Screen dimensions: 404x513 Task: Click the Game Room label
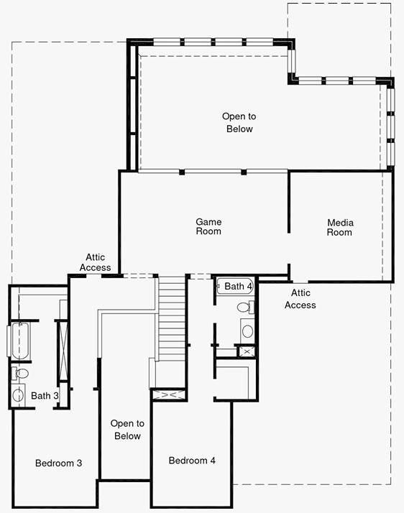[208, 226]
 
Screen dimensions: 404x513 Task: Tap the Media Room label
[340, 227]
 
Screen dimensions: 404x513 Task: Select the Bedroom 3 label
[59, 463]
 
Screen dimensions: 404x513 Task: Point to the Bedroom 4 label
[192, 461]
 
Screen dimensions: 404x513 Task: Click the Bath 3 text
[45, 396]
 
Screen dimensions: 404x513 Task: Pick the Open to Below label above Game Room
[239, 122]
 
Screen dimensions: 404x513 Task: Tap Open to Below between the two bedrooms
[127, 430]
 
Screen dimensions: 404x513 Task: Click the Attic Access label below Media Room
[300, 299]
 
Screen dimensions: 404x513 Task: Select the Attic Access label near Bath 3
[96, 262]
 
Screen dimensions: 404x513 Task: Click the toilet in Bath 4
[246, 308]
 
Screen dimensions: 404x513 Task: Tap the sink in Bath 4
[247, 331]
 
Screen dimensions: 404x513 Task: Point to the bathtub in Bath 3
[20, 341]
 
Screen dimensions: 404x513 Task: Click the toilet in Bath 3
[20, 374]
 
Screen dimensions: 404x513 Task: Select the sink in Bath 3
[18, 395]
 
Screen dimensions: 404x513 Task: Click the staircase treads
[172, 318]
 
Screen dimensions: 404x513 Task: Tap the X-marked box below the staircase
[169, 395]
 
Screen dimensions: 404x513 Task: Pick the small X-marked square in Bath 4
[247, 352]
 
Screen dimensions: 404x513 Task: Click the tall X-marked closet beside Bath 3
[63, 351]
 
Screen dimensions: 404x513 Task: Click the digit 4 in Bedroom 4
[213, 461]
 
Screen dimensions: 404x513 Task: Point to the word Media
[341, 223]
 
